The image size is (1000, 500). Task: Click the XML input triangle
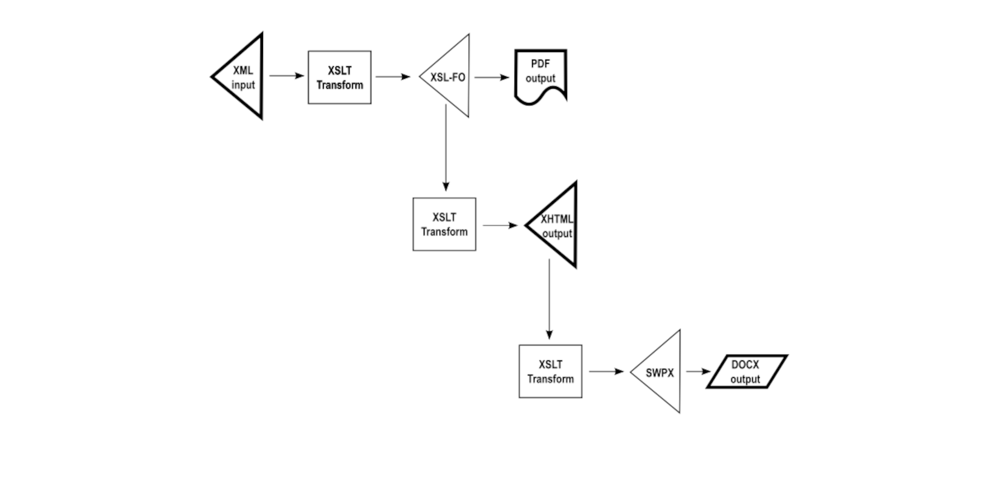coord(244,77)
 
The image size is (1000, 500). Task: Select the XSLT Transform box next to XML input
coord(339,77)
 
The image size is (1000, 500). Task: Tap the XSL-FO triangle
coord(451,77)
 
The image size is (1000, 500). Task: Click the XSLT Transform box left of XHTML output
coord(444,224)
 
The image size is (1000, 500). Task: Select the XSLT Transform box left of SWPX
coord(550,371)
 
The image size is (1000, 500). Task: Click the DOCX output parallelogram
coord(746,372)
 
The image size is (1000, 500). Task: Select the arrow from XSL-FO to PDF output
coord(492,77)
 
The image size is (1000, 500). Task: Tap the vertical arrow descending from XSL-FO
coord(446,148)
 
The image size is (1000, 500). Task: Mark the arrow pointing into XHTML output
coord(500,226)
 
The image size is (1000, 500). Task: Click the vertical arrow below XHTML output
coord(549,299)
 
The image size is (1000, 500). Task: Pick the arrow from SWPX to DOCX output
coord(698,372)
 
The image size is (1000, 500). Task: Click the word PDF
coord(540,64)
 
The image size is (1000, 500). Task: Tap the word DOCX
coord(745,365)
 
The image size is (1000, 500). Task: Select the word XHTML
coord(556,219)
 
